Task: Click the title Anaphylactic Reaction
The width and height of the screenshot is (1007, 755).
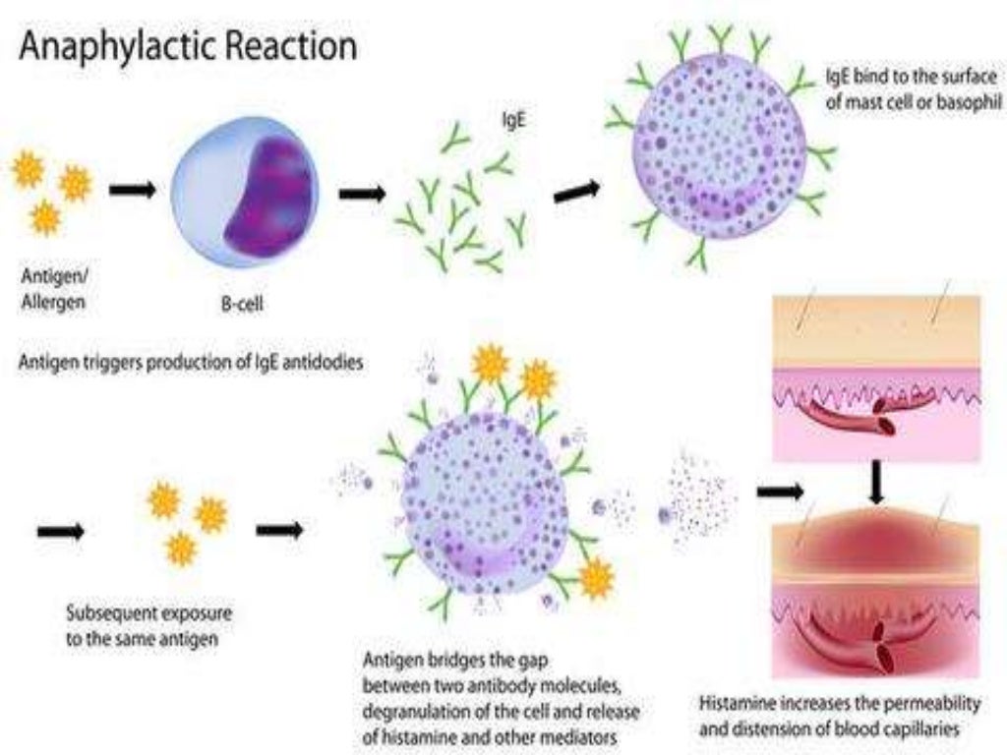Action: [x=187, y=46]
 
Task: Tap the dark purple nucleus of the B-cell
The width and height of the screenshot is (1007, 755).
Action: [x=268, y=196]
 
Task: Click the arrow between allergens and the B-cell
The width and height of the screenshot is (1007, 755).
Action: [x=132, y=190]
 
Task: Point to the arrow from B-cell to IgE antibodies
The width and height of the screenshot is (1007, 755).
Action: [x=362, y=193]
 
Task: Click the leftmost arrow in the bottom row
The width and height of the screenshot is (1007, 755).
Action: [x=60, y=532]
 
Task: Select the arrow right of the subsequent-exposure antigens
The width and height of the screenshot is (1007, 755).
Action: [x=279, y=530]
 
